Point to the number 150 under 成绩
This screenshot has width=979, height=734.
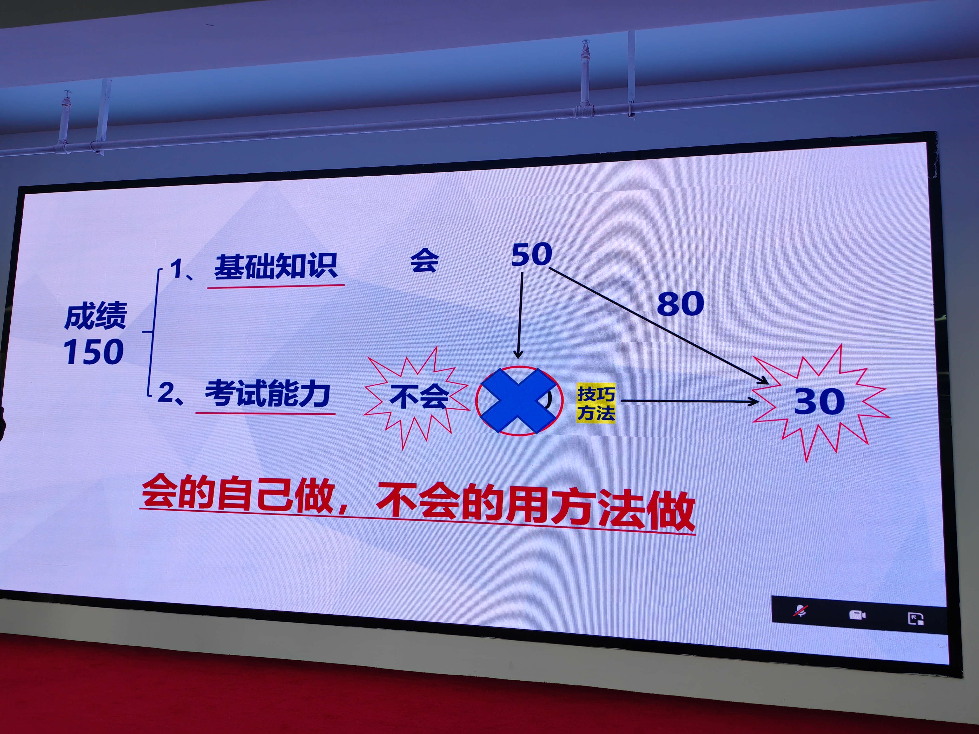point(93,352)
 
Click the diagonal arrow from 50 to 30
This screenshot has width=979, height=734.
point(659,326)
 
